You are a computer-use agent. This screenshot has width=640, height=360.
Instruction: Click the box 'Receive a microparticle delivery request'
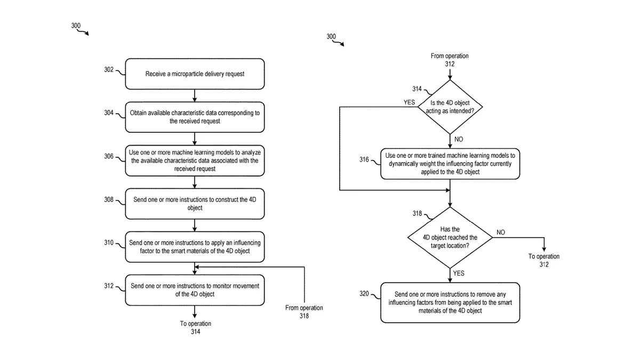(x=195, y=74)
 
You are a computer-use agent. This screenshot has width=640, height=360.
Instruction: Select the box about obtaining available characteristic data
(x=195, y=117)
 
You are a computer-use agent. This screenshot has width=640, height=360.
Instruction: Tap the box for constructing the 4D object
(x=195, y=204)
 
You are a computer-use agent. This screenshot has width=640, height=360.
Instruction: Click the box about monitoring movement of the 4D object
(x=195, y=290)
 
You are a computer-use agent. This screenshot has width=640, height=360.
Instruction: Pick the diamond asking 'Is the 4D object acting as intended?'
(x=450, y=107)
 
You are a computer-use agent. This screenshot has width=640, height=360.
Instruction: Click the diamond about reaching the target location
(x=450, y=237)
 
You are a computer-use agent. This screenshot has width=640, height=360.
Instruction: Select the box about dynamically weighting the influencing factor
(x=450, y=164)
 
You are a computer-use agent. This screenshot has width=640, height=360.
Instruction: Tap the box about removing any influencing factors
(x=450, y=302)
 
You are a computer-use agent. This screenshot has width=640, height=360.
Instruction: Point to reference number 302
(x=109, y=70)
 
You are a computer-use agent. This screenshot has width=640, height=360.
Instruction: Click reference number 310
(x=109, y=243)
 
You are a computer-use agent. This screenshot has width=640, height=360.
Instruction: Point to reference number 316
(x=364, y=159)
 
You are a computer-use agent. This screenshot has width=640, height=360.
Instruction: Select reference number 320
(x=364, y=293)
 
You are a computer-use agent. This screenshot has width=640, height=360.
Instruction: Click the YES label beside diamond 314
(x=409, y=102)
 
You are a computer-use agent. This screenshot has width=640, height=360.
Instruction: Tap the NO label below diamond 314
(x=459, y=139)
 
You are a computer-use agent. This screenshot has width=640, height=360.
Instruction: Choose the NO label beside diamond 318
(x=501, y=233)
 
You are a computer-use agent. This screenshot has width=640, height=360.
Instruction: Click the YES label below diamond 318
(x=459, y=273)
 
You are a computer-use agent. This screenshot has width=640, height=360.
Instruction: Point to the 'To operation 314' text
(x=195, y=327)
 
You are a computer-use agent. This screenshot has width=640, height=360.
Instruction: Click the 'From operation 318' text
(x=304, y=311)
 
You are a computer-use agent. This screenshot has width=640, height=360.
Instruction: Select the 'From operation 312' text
(x=450, y=60)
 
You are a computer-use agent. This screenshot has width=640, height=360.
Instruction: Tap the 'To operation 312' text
(x=544, y=260)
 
